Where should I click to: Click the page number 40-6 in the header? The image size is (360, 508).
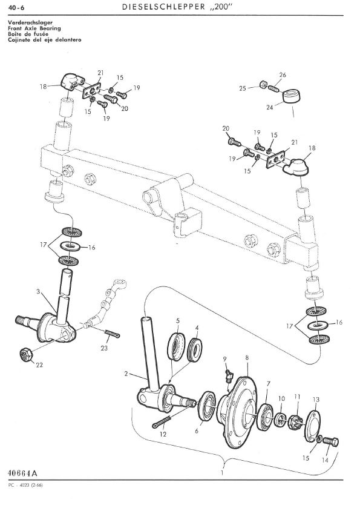17,8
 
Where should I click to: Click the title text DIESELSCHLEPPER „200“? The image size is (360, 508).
177,7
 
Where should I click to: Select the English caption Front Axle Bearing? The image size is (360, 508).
34,28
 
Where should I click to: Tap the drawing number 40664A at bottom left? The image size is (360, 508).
22,473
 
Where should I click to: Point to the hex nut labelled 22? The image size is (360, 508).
26,355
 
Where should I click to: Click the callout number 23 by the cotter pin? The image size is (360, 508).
104,348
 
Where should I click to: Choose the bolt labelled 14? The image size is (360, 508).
331,441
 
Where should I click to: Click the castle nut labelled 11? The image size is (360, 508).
296,421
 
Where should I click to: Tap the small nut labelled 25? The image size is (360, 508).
263,85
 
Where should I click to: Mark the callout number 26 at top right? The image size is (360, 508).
283,75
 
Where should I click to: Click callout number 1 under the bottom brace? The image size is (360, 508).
222,473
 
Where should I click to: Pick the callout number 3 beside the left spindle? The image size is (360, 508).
38,292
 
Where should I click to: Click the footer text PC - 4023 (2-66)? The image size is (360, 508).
25,485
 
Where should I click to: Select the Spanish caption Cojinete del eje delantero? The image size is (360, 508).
45,40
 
